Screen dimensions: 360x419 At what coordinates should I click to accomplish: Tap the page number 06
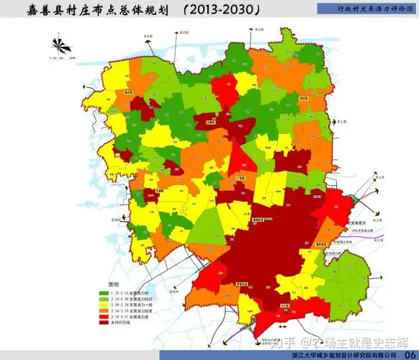(x=407, y=353)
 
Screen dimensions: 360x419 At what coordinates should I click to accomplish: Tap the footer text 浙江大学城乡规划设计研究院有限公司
(x=344, y=354)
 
